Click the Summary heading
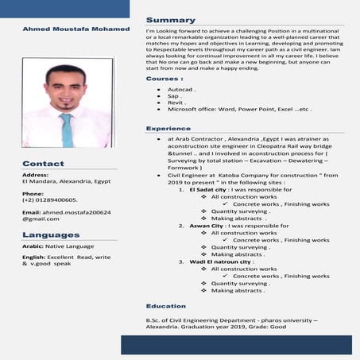pyautogui.click(x=170, y=20)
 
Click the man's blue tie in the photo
pyautogui.click(x=67, y=130)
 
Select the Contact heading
pyautogui.click(x=43, y=164)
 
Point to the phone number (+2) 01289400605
pyautogui.click(x=49, y=200)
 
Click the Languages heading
pyautogui.click(x=51, y=234)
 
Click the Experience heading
pyautogui.click(x=168, y=128)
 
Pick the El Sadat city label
pyautogui.click(x=207, y=191)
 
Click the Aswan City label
pyautogui.click(x=207, y=226)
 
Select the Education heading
pyautogui.click(x=166, y=306)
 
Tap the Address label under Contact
pyautogui.click(x=36, y=174)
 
